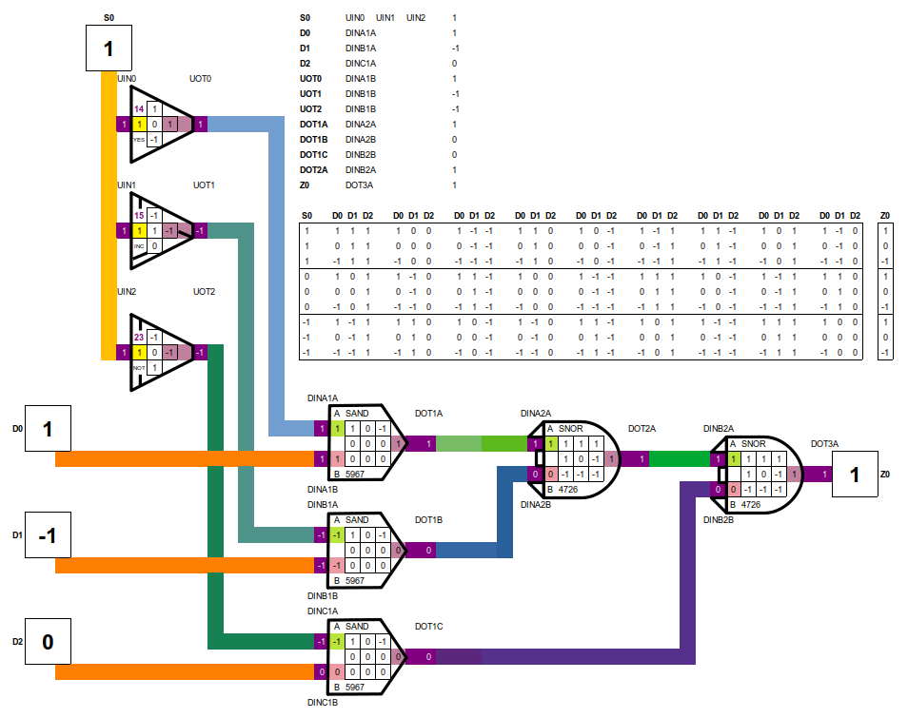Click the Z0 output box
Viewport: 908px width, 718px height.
pos(854,475)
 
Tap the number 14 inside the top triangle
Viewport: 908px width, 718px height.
pos(139,109)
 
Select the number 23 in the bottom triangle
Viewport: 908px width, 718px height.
pos(139,337)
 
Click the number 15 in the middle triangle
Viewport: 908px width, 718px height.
pos(139,216)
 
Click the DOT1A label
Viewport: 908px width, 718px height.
pos(428,414)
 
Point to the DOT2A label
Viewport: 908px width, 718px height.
pos(642,429)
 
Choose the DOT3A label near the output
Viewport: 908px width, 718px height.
pos(824,444)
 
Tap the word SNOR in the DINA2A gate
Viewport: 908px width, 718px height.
pos(570,429)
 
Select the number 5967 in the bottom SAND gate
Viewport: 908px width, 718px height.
pos(355,687)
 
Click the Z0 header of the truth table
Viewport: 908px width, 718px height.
pos(885,216)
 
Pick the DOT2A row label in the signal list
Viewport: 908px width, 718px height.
pos(313,169)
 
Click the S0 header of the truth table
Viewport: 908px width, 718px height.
pos(306,216)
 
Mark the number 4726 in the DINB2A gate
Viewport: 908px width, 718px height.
pos(751,504)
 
